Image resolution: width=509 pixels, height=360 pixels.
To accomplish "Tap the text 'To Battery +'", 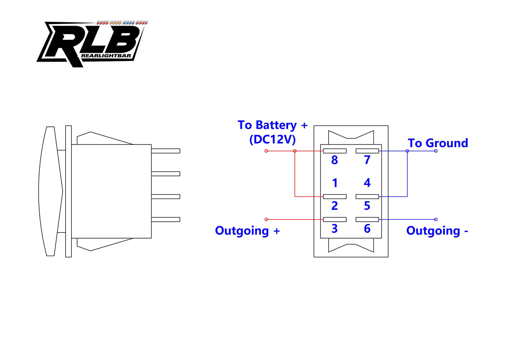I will coord(272,125).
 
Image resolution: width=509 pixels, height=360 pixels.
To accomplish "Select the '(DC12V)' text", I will coord(272,140).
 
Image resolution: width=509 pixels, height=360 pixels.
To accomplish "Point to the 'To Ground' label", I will coord(437,143).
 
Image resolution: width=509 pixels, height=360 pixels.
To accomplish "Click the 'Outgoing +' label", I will coord(247,231).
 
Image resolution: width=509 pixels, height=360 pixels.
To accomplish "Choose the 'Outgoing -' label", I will coord(437,231).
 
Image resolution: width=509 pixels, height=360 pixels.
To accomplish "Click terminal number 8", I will coord(334,160).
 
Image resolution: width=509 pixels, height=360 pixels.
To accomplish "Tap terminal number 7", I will coord(367,160).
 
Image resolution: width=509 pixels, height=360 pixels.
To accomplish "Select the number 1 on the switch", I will coord(335,183).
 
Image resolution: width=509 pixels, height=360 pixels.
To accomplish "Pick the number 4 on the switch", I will coord(367,183).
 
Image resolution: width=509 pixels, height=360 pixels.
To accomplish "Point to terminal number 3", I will coord(335,229).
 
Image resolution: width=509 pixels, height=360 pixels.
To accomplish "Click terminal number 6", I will coord(367,229).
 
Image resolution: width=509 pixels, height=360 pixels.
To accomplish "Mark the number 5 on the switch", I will coord(367,206).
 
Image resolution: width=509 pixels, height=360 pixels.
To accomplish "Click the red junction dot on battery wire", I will coord(295,151).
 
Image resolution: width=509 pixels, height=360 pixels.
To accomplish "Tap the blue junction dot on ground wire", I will coord(407,151).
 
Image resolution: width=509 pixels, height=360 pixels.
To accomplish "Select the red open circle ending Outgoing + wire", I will coord(266,219).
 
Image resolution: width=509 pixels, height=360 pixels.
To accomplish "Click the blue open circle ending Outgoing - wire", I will coord(436,219).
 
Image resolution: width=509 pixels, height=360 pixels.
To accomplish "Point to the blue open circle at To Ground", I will coord(436,151).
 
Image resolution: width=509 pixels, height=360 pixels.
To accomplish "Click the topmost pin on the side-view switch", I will coord(166,151).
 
